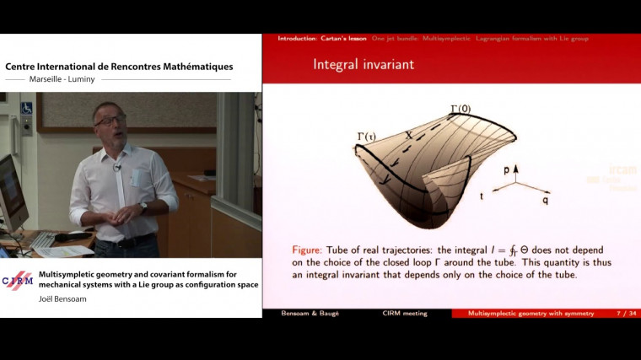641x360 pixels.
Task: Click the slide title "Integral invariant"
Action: (363, 64)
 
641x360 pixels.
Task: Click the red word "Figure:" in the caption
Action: (311, 250)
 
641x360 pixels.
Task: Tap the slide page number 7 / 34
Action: (622, 314)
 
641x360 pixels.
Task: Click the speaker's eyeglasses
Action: (110, 120)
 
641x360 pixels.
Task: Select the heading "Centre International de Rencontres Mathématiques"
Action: (119, 67)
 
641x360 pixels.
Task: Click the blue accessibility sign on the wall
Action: (26, 109)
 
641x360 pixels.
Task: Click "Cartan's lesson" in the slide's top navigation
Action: (343, 39)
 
